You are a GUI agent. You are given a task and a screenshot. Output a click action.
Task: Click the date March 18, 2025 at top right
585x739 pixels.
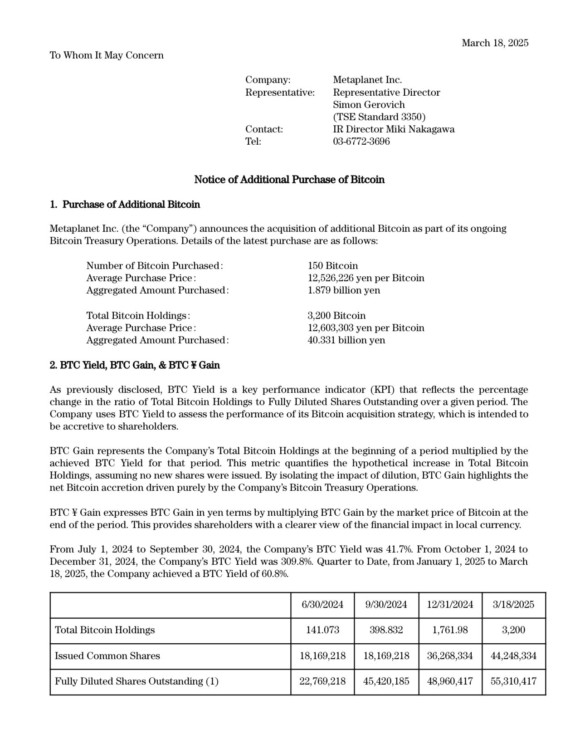point(495,43)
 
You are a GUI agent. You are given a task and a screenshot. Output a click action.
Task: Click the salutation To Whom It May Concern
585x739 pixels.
point(107,55)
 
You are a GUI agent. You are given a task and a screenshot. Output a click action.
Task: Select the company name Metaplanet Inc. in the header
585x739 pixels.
point(367,80)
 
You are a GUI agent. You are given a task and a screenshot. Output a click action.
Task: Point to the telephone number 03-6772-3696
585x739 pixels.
point(361,141)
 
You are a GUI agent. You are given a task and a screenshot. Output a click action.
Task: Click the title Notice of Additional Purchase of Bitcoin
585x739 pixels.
point(289,180)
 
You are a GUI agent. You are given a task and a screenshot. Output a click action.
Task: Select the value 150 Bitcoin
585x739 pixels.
point(332,265)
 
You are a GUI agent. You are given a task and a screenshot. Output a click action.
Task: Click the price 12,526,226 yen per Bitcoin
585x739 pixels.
point(366,278)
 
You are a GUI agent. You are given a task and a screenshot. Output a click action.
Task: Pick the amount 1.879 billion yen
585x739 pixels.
point(344,290)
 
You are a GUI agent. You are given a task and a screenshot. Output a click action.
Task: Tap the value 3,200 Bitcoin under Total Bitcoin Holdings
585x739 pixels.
point(336,315)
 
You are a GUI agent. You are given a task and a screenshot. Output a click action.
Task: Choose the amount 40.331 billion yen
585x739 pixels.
point(346,340)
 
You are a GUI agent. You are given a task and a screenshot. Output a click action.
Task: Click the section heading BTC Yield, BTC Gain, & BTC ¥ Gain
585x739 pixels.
point(135,365)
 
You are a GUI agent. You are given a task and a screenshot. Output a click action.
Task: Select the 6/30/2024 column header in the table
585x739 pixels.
point(322,604)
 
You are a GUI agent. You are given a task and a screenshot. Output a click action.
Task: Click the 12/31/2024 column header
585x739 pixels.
point(450,604)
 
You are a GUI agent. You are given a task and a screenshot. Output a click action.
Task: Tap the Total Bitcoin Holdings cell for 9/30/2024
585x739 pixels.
point(386,630)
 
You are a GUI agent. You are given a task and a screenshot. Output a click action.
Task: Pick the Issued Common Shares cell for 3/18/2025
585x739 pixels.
point(514,656)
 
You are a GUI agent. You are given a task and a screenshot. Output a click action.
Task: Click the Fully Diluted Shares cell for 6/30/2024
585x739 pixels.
point(322,681)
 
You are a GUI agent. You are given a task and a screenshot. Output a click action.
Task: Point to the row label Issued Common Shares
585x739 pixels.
point(107,656)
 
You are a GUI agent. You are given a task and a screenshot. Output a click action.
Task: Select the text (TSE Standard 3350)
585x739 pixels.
point(379,117)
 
